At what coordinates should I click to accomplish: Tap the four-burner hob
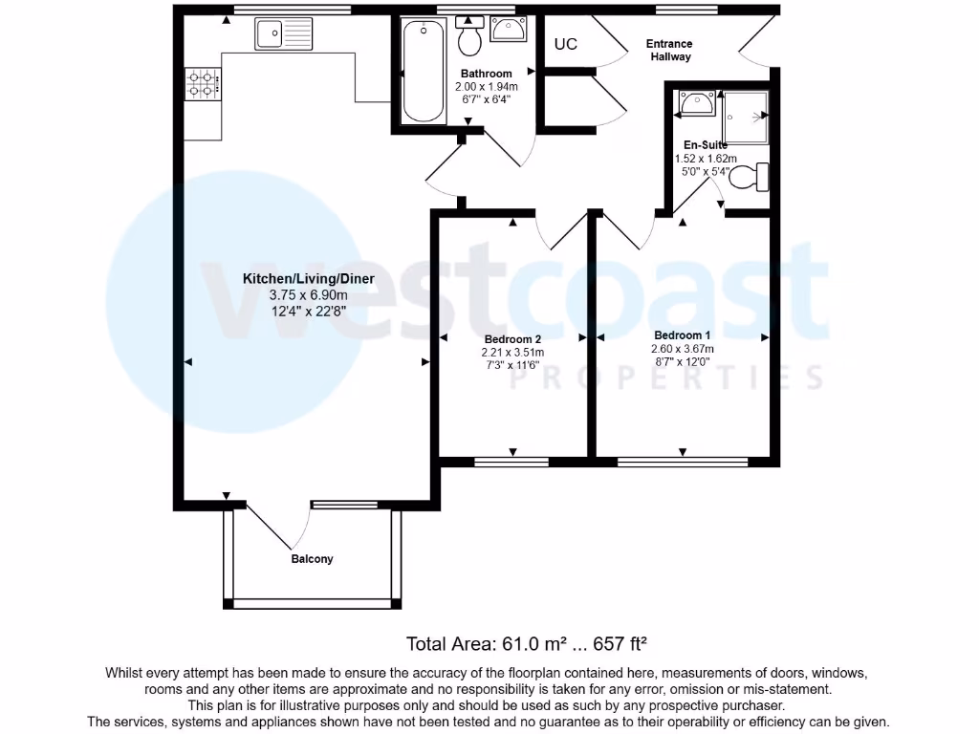pos(203,83)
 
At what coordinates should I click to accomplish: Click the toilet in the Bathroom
pos(469,36)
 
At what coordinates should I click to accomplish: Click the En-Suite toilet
pos(753,177)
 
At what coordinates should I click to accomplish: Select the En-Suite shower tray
pos(745,117)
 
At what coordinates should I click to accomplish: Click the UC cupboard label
pos(566,44)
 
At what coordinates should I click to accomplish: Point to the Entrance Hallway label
pos(669,50)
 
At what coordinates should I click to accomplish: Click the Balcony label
pos(313,559)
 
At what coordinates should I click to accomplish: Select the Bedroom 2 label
pos(512,339)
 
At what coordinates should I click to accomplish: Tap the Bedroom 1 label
pos(683,335)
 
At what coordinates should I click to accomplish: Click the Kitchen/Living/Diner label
pos(308,279)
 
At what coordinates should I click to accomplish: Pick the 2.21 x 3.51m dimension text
pos(512,353)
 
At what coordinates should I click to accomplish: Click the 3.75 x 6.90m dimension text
pos(308,295)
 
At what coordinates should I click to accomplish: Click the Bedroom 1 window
pos(683,462)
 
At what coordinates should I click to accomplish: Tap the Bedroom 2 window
pos(512,462)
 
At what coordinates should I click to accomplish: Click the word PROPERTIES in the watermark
pos(666,378)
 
